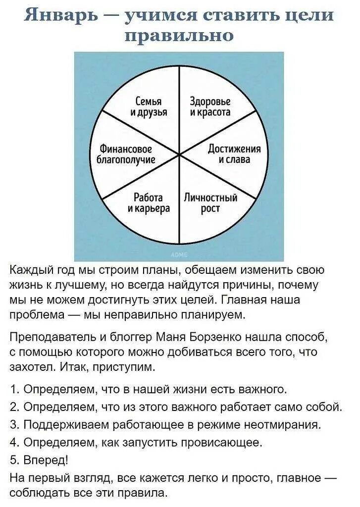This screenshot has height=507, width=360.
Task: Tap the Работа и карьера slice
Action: click(149, 203)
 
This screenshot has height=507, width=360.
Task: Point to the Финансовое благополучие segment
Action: click(126, 154)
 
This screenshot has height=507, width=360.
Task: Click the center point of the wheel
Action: click(179, 155)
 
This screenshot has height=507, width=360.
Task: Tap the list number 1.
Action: click(13, 389)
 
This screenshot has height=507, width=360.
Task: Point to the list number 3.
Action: click(13, 424)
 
